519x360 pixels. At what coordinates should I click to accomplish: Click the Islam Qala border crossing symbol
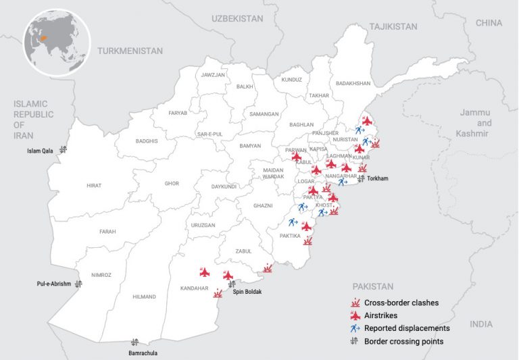[x=63, y=149]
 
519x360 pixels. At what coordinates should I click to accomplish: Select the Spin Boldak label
[x=247, y=292]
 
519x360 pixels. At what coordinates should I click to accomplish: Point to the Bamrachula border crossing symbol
[x=134, y=342]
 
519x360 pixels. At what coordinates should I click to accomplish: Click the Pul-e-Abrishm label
[x=53, y=284]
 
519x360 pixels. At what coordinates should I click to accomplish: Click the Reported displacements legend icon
[x=354, y=328]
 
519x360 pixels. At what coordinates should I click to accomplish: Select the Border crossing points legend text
[x=403, y=341]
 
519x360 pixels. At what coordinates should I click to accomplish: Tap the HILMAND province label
[x=144, y=297]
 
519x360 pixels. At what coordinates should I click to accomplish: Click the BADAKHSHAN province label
[x=352, y=83]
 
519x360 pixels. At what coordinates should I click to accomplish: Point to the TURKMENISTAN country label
[x=130, y=51]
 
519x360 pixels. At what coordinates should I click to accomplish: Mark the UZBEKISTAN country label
[x=237, y=19]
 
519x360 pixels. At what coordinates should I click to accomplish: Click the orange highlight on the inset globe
[x=45, y=39]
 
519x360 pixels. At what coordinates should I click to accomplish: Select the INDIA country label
[x=481, y=324]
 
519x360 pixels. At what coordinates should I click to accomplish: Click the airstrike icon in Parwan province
[x=296, y=157]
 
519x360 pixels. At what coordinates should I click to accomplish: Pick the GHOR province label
[x=172, y=183]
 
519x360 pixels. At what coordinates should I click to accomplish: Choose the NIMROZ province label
[x=101, y=275]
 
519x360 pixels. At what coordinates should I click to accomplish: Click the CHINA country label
[x=489, y=23]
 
